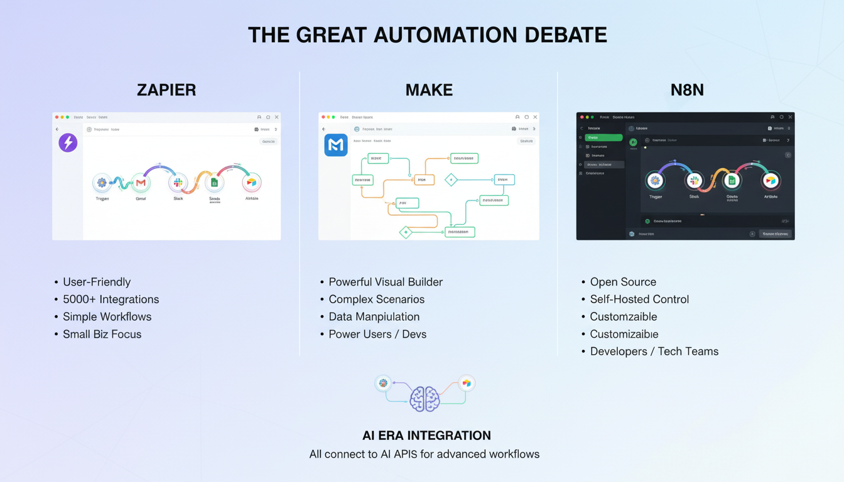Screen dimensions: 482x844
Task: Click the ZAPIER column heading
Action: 166,90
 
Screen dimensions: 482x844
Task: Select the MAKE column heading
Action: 429,90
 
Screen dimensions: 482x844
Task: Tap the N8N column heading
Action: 687,90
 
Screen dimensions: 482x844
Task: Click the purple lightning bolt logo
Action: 68,142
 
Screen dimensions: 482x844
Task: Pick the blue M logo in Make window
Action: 336,145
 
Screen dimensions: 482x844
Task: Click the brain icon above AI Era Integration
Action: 425,399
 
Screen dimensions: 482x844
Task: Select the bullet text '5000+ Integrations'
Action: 111,299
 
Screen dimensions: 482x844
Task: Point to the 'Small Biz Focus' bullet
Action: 102,334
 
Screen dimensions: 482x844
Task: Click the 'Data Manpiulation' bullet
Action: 374,316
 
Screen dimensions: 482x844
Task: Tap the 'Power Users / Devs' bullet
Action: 377,334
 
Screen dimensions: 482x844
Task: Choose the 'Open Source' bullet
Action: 623,282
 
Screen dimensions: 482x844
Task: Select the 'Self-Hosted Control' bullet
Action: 639,299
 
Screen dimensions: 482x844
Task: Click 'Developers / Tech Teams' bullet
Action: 654,351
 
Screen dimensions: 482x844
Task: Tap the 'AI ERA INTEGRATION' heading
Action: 426,435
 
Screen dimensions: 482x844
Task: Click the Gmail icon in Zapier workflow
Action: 141,183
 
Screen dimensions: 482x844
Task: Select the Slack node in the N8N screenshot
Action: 694,181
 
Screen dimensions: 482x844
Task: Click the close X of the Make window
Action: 535,117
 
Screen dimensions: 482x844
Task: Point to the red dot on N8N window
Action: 582,117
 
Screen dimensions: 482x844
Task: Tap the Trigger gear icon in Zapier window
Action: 102,183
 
